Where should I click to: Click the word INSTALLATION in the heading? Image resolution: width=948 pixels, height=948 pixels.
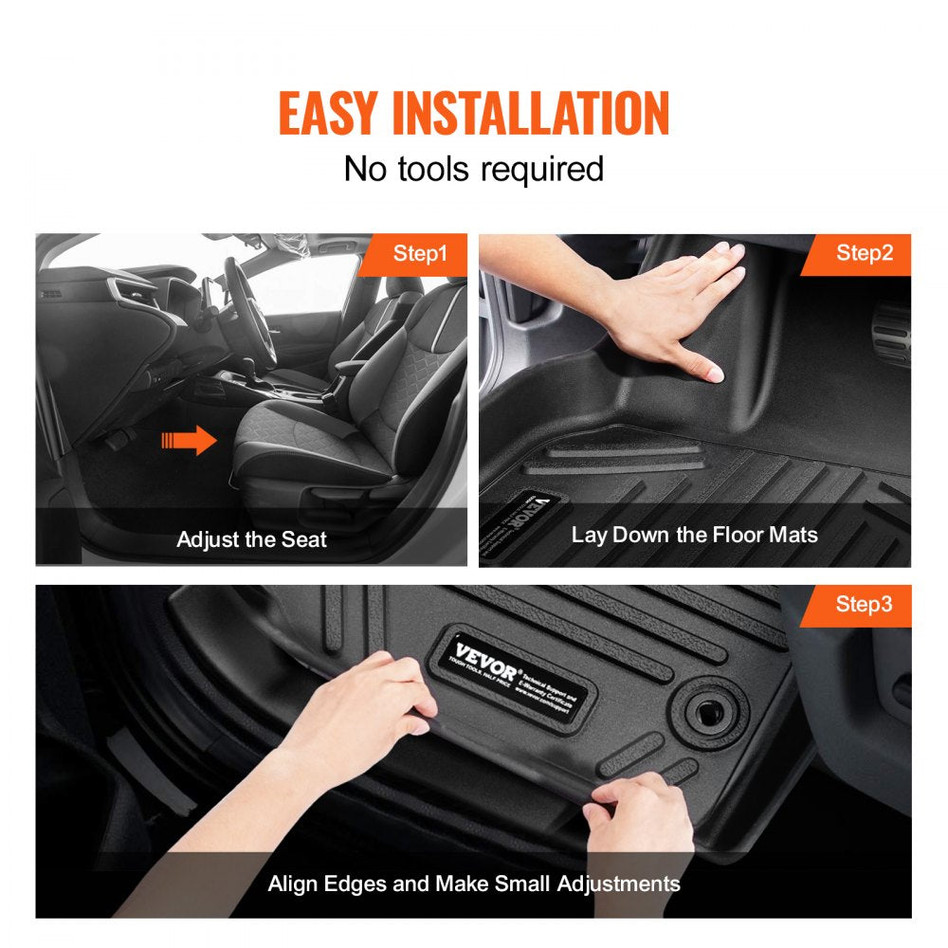531,114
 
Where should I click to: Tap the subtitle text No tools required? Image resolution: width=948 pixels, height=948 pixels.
473,169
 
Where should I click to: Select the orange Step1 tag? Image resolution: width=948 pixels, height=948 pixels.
420,253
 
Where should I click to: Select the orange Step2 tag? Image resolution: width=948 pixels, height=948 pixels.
864,253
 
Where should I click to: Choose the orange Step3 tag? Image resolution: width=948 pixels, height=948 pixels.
864,604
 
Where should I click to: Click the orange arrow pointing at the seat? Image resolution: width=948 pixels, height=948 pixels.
190,440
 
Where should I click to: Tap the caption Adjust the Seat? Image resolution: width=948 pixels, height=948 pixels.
251,539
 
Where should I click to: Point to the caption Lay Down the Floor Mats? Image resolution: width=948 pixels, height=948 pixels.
694,535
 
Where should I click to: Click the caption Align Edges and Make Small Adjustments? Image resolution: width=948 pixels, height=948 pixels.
473,884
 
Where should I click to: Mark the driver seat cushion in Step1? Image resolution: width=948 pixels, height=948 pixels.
313,446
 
